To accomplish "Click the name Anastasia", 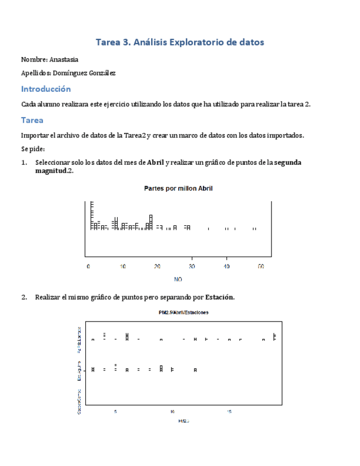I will point(64,59).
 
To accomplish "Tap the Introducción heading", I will point(46,88).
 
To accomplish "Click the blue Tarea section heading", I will point(32,120).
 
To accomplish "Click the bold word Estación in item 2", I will point(219,297).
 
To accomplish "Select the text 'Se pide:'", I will point(32,149).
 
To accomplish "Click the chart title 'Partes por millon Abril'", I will point(178,188).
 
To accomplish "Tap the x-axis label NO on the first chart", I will point(178,279).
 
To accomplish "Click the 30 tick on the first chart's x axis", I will point(192,267).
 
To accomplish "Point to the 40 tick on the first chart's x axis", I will point(226,267).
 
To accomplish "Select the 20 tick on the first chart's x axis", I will point(157,267).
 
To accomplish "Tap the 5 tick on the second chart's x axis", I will point(115,411).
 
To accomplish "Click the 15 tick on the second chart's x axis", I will point(230,411).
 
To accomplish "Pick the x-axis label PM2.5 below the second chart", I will point(184,421).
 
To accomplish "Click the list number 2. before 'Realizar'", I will point(24,297).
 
